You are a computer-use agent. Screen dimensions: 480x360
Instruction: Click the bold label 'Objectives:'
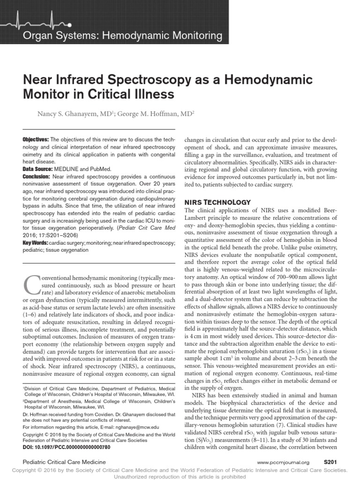pyautogui.click(x=35, y=140)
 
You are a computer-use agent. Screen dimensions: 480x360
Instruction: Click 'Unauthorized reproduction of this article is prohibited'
pyautogui.click(x=180, y=477)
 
